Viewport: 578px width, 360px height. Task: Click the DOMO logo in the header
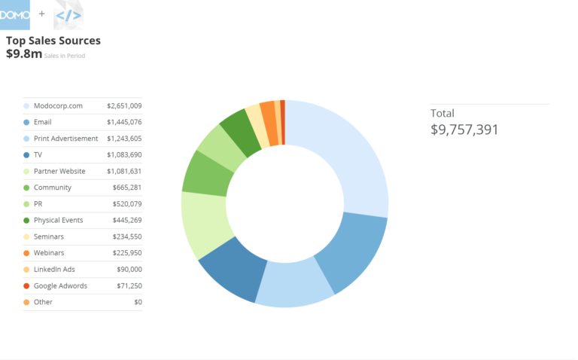15,14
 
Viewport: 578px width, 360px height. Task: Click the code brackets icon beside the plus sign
68,15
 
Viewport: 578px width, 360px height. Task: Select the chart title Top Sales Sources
53,41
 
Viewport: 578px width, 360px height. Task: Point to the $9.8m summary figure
24,54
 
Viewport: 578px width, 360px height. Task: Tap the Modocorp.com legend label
58,105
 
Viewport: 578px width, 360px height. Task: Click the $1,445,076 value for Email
124,122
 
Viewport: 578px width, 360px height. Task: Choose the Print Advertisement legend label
65,139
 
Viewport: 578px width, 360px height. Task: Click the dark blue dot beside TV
26,154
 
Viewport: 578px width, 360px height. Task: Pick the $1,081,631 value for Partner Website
124,171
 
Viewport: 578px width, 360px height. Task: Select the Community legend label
52,188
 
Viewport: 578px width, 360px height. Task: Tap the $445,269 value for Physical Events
127,220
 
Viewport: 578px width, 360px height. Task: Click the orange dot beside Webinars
26,253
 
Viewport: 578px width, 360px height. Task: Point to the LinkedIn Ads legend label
54,270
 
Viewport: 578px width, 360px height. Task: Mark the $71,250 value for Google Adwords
129,285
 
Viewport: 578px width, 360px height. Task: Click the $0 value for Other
138,302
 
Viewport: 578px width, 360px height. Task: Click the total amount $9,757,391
464,130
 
